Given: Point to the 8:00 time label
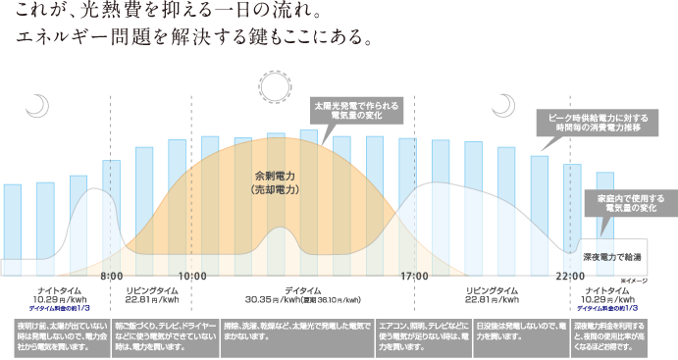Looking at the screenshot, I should (x=111, y=276).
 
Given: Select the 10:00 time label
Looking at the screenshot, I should (x=192, y=276).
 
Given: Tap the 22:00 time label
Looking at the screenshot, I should (x=570, y=276).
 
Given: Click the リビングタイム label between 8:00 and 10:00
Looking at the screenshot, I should (x=152, y=291).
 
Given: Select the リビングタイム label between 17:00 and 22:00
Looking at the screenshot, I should (x=492, y=291).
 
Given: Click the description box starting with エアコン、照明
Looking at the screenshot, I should (x=423, y=334).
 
